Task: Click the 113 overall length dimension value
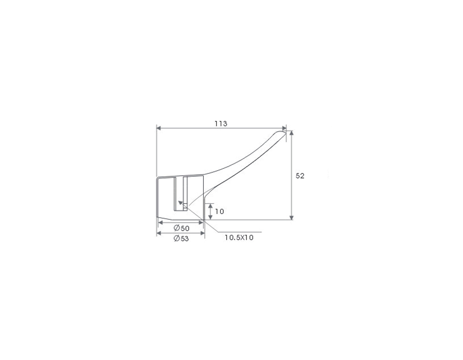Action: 221,123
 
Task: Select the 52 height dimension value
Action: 300,176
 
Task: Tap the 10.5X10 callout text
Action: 239,238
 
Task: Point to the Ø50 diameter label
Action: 182,228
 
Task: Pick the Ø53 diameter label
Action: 181,239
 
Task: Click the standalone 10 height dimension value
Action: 219,211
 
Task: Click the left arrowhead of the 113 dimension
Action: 158,128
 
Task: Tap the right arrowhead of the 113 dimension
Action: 284,128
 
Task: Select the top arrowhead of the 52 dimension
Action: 292,133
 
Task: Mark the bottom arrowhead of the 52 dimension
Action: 292,218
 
